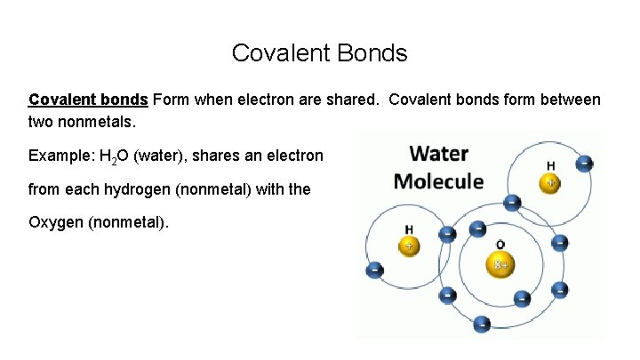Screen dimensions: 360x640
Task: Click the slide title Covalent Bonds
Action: [x=319, y=53]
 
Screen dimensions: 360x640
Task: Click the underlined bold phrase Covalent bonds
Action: [x=88, y=100]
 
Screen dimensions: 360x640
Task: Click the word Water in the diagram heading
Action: [x=438, y=153]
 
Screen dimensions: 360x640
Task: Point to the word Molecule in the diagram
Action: [x=438, y=181]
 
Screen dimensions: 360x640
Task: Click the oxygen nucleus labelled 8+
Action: [x=500, y=264]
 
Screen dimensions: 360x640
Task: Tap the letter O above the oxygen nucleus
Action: [x=500, y=244]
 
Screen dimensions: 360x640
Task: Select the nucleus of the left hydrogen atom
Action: [x=410, y=246]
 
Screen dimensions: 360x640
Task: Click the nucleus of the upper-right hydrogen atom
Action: [x=550, y=183]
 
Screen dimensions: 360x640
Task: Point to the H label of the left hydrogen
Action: [x=409, y=229]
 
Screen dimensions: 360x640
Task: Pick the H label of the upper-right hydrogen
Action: [x=551, y=165]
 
